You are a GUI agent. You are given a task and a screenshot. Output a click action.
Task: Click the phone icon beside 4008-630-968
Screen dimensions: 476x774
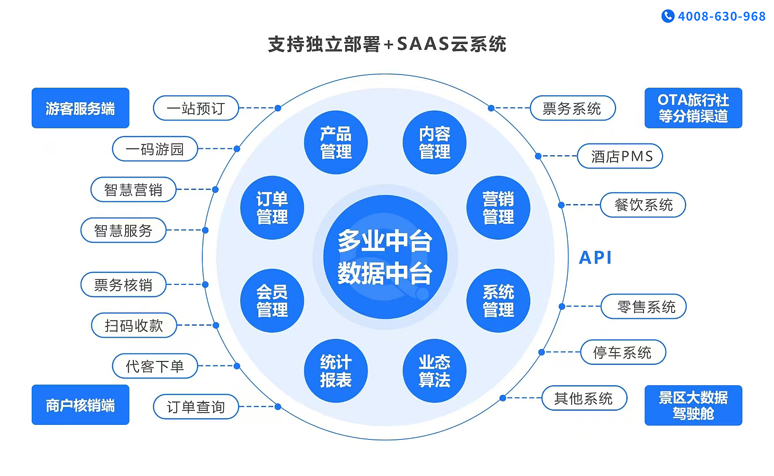pos(668,16)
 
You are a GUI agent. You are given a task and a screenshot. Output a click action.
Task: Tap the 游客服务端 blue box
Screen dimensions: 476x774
pos(80,108)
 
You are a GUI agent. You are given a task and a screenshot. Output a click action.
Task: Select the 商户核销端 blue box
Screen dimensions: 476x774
pos(80,405)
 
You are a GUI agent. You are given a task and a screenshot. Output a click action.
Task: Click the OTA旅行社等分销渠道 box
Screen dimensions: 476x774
pos(693,108)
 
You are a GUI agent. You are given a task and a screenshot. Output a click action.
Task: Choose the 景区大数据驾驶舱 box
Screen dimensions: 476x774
pos(693,405)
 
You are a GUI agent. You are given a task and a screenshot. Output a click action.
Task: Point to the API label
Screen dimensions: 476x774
pos(595,258)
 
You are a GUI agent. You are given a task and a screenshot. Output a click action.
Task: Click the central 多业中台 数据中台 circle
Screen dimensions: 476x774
pos(385,257)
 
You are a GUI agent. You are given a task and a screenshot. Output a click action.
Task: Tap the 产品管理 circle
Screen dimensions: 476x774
pos(336,142)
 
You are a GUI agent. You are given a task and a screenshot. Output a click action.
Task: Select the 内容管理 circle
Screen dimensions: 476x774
pos(435,142)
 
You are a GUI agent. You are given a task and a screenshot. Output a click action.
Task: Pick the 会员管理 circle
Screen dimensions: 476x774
pos(272,301)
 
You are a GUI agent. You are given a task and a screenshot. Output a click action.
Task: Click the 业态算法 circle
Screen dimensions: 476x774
pos(435,371)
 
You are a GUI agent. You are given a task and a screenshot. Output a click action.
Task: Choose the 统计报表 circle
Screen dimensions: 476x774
pos(336,371)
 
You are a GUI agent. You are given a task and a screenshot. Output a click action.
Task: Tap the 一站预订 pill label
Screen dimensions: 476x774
pos(196,108)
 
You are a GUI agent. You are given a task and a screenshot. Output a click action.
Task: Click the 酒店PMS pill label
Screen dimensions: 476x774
pos(620,156)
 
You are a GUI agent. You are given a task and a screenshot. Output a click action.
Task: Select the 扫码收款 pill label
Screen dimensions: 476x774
pos(134,325)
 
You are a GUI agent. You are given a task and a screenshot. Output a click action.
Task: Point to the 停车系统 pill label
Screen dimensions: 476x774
pos(623,352)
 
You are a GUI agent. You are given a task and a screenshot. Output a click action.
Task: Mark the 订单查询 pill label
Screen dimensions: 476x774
pos(196,406)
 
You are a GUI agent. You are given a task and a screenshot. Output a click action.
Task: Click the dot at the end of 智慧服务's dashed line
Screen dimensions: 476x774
pos(205,230)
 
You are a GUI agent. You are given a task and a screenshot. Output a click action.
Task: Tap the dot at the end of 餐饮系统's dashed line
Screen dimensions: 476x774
pos(561,205)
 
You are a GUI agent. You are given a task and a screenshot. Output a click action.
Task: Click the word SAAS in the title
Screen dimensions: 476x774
pos(423,44)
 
